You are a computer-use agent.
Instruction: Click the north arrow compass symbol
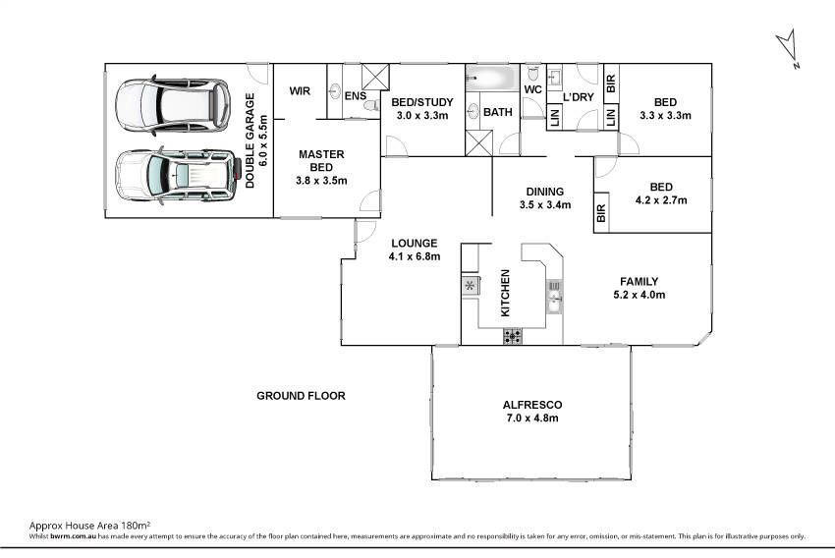tap(788, 48)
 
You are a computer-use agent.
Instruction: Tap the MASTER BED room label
tap(321, 161)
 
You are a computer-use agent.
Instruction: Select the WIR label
tap(300, 91)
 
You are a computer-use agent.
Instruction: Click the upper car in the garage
tap(173, 105)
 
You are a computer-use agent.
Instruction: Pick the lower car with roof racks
tap(178, 175)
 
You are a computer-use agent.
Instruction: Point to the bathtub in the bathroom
tap(492, 79)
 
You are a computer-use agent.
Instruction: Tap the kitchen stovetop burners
tap(512, 336)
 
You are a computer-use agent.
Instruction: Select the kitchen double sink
tap(554, 297)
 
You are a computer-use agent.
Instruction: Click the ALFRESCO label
tap(532, 405)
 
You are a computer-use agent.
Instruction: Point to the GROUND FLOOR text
tap(301, 396)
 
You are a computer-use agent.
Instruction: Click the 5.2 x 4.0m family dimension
tap(640, 295)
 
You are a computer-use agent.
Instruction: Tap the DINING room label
tap(545, 192)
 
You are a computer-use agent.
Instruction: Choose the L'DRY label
tap(579, 97)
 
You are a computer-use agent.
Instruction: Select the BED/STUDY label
tap(422, 102)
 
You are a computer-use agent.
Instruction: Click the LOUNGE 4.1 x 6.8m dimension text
tap(415, 256)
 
